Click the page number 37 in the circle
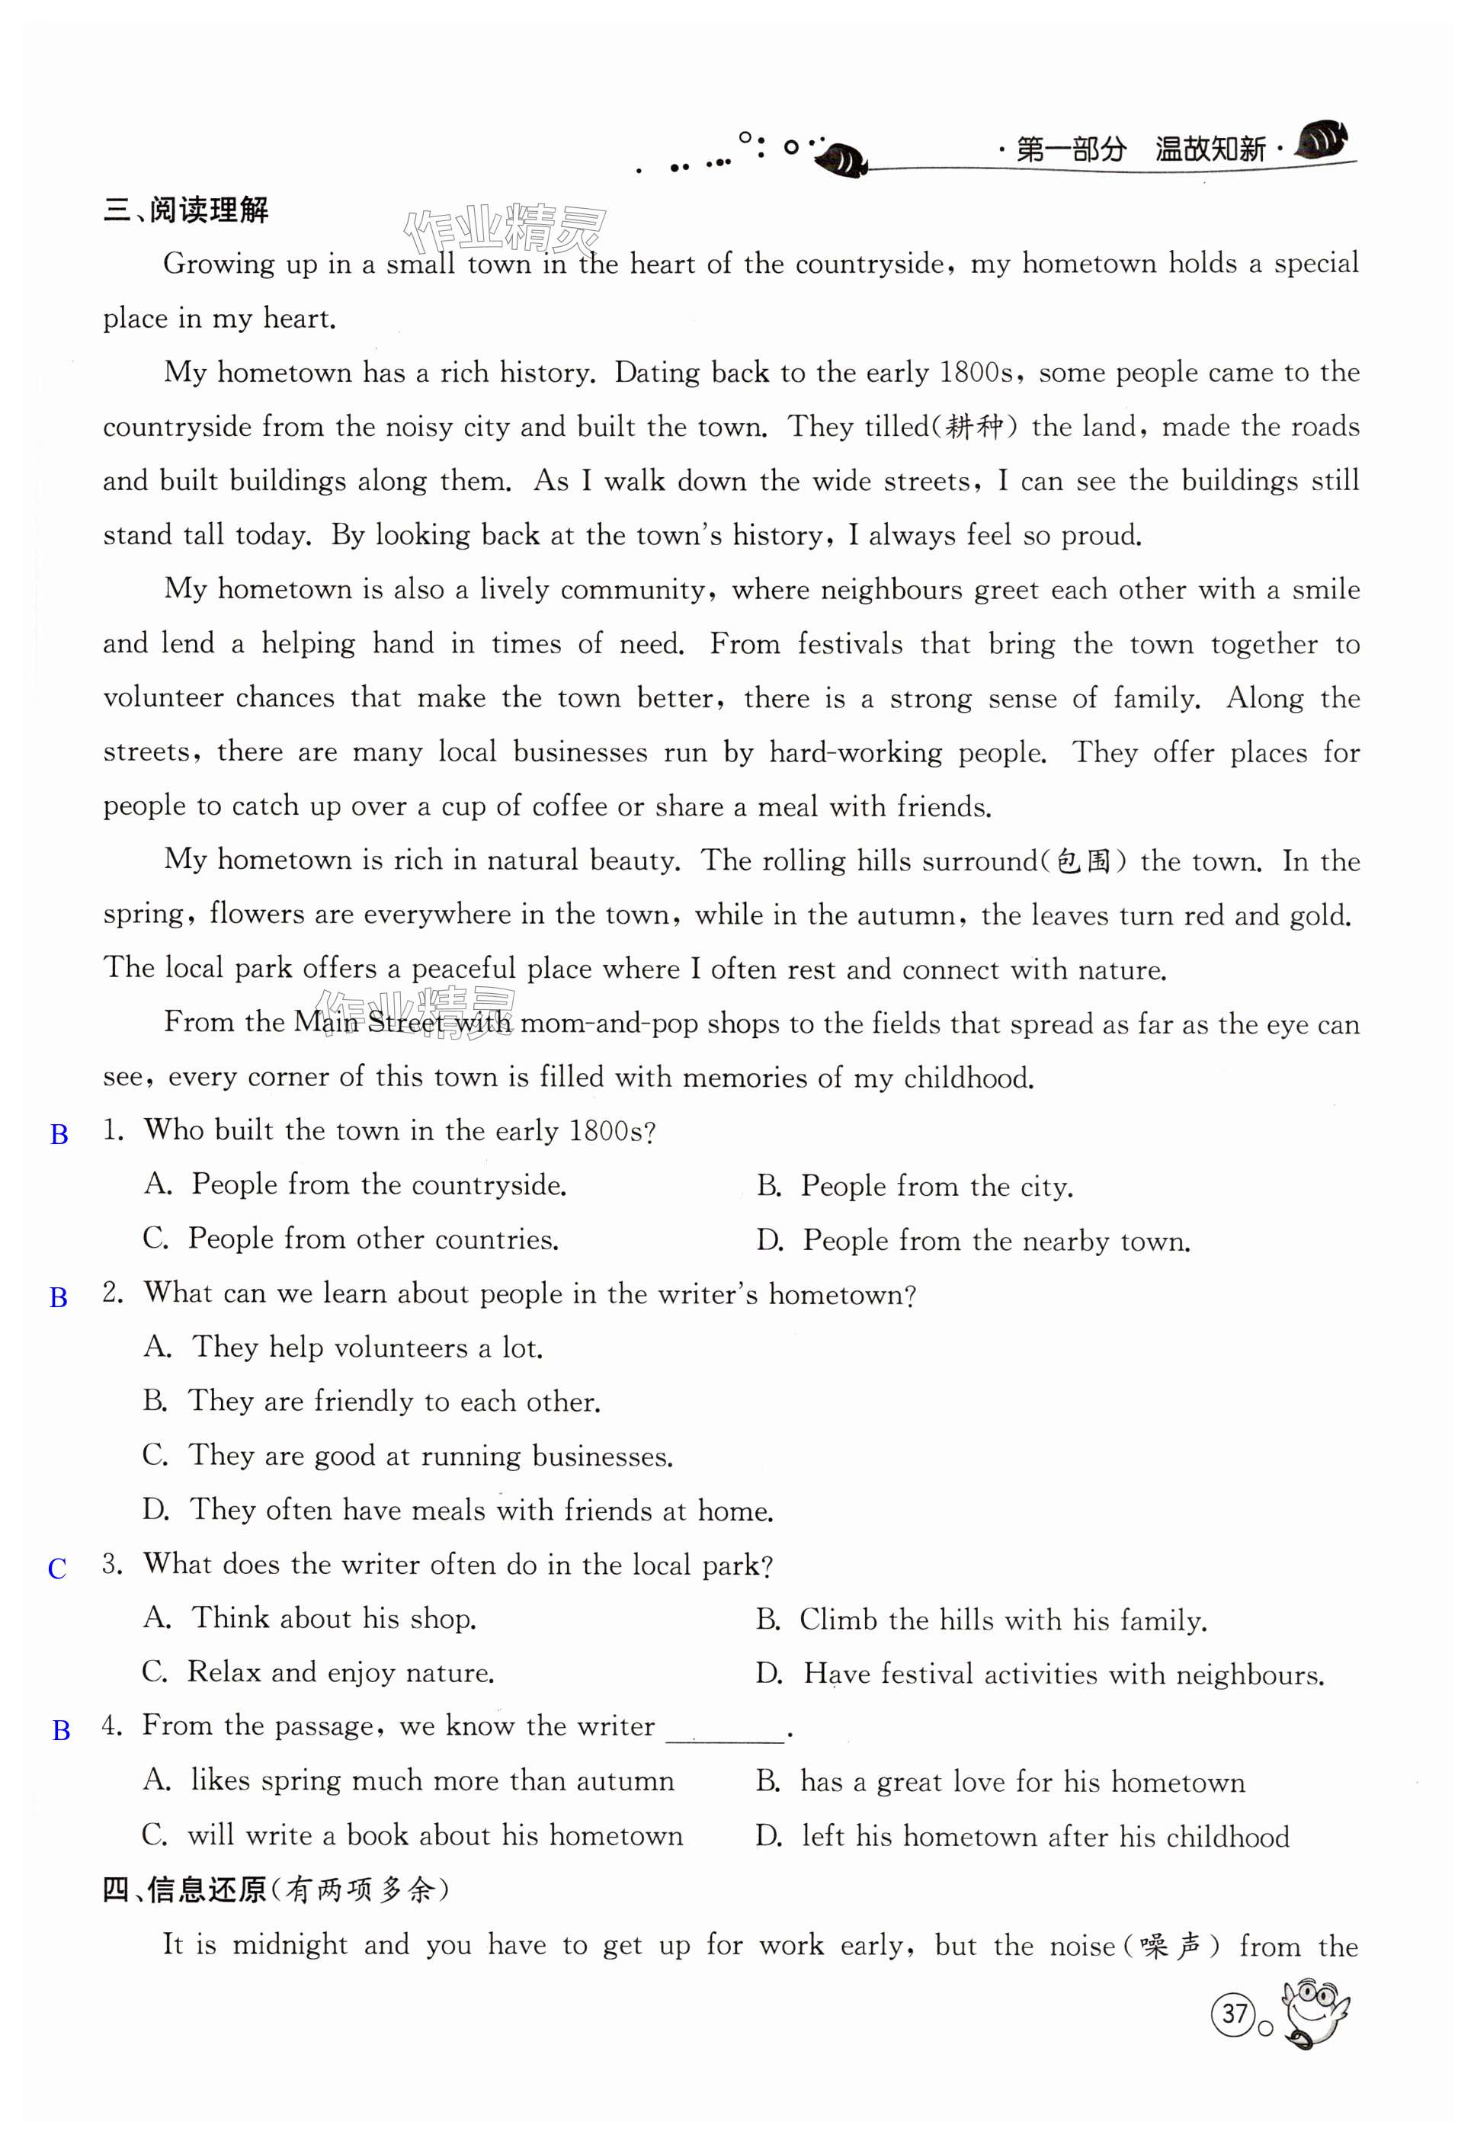point(1235,2012)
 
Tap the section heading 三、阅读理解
point(186,210)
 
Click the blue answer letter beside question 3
point(57,1569)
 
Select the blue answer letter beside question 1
point(59,1135)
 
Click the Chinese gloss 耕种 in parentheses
point(976,427)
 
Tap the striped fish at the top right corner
point(1322,141)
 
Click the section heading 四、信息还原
point(184,1890)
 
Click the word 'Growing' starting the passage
point(219,264)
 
